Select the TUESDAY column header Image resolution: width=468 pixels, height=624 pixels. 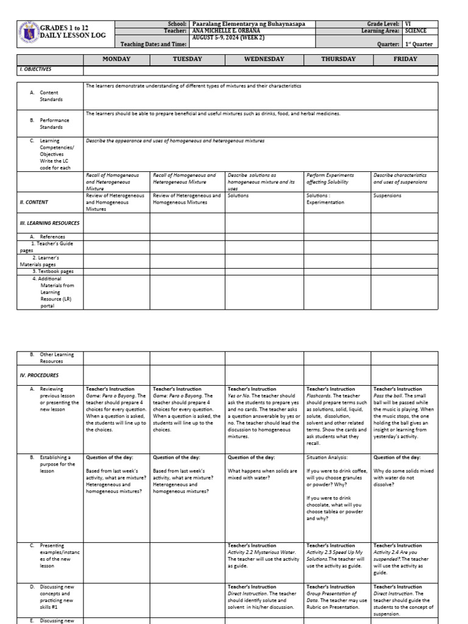187,59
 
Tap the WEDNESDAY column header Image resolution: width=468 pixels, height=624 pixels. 264,59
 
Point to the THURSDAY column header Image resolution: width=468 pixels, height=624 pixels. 338,59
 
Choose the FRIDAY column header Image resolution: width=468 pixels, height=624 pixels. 405,59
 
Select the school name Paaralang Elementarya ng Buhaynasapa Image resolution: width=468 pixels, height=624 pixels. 249,24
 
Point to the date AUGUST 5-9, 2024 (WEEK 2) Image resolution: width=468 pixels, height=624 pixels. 231,37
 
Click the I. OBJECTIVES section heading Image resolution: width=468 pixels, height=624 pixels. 35,70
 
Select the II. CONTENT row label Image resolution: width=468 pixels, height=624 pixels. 35,202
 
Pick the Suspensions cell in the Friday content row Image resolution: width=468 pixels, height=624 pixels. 388,196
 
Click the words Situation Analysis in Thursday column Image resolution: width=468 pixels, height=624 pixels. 327,457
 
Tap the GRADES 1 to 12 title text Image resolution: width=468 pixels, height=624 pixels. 65,28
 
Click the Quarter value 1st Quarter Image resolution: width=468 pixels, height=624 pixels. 421,44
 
